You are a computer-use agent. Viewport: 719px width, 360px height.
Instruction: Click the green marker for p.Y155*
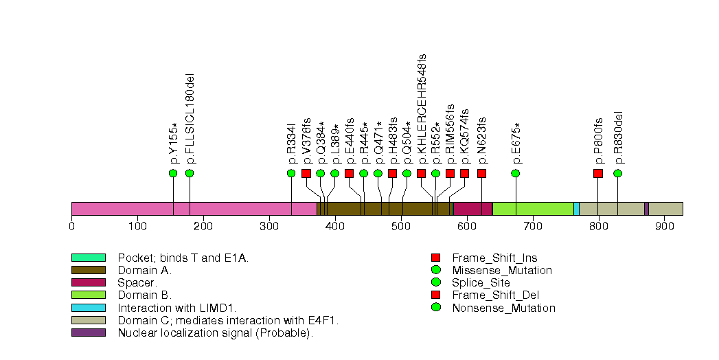pos(173,173)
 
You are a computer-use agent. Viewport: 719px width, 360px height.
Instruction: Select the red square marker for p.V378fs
pos(306,173)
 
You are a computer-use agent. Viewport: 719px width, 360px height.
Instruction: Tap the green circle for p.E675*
pos(516,173)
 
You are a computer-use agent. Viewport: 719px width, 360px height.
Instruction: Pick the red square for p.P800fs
pos(598,173)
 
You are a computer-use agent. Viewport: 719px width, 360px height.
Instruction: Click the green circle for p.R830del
pos(618,173)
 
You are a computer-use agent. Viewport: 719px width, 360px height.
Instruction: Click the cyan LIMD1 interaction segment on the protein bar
pos(576,209)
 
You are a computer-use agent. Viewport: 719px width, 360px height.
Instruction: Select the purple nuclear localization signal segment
pos(646,209)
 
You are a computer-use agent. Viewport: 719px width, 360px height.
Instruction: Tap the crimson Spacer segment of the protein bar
pos(472,209)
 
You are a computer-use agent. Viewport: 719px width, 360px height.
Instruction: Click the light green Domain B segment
pos(533,209)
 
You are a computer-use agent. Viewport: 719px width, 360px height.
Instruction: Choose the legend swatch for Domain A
pos(88,271)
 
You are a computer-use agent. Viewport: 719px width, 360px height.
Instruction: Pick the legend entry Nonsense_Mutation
pos(503,308)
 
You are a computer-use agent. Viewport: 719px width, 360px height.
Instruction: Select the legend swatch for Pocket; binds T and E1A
pos(88,258)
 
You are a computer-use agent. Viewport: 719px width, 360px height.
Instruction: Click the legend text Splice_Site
pos(481,282)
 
